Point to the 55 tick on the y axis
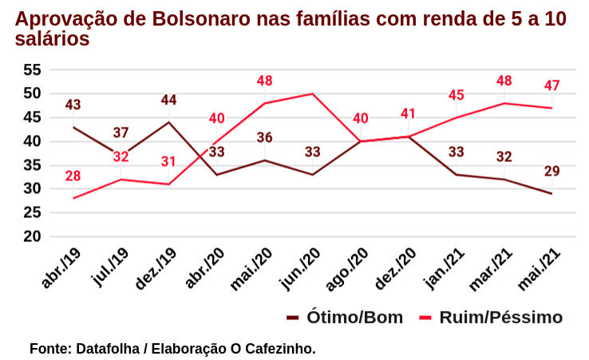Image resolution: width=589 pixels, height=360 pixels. point(31,69)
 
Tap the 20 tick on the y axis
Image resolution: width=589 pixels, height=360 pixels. point(31,236)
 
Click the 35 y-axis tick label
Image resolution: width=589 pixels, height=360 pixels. point(31,165)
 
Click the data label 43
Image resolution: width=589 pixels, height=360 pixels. point(73,105)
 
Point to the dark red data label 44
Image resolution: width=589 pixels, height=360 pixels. point(168,100)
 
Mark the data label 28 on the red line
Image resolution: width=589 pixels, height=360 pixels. point(73,176)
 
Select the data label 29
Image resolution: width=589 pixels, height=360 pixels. point(551,171)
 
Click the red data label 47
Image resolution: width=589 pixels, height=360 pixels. point(551,85)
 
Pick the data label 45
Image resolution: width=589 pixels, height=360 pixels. point(456,95)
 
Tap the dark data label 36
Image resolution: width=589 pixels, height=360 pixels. point(264,137)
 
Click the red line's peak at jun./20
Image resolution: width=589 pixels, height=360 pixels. point(312,93)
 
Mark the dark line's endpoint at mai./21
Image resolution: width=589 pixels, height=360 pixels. point(551,194)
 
